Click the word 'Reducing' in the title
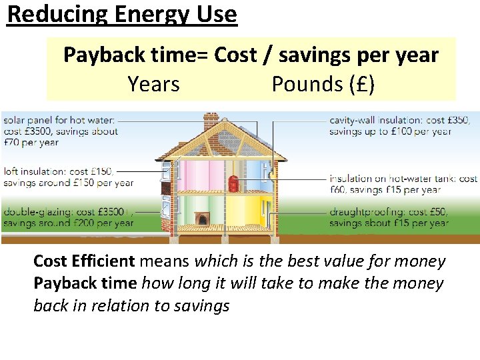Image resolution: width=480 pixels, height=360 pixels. click(x=51, y=14)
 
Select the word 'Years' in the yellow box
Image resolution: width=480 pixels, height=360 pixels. click(x=153, y=85)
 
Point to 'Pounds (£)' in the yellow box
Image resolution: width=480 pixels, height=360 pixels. click(x=323, y=85)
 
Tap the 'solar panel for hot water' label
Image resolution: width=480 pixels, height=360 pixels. click(x=59, y=121)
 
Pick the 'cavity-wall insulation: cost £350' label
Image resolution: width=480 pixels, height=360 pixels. click(x=399, y=121)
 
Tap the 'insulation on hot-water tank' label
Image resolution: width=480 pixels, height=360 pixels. click(x=403, y=179)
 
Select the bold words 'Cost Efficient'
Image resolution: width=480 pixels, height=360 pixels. click(x=84, y=261)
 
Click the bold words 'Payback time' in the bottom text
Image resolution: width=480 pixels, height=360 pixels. click(x=85, y=283)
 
